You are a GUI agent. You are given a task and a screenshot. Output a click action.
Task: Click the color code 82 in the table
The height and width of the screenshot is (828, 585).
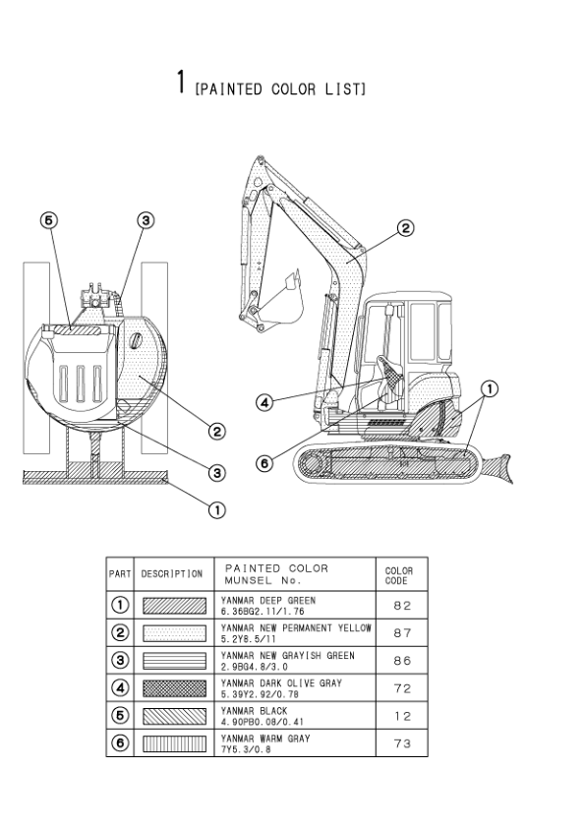tap(402, 606)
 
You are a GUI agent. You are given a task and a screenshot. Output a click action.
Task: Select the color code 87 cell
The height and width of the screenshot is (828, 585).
tap(402, 633)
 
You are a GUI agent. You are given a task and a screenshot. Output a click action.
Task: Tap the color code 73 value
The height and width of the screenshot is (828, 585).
tap(402, 743)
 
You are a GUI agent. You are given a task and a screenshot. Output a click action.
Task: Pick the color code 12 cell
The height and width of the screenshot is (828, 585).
tap(402, 716)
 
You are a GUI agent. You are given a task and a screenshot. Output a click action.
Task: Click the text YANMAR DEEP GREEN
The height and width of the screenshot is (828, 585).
tap(268, 601)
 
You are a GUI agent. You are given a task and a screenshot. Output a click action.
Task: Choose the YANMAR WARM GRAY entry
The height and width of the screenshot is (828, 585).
tap(265, 739)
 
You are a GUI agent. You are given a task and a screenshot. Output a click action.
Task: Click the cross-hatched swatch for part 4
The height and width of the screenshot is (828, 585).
tap(174, 688)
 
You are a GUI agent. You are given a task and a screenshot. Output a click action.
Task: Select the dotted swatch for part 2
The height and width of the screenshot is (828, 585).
tap(174, 633)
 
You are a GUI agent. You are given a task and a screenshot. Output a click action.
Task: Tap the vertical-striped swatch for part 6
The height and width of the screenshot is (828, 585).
tap(174, 743)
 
